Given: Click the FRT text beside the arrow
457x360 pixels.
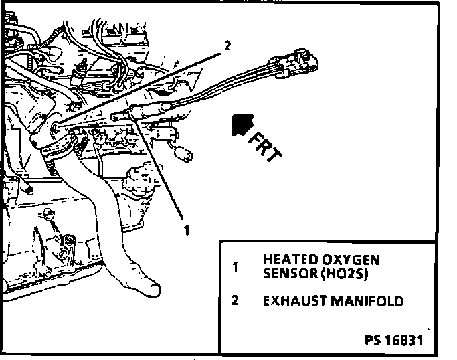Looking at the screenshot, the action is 266,146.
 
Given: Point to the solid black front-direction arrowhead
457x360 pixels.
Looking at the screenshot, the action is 240,124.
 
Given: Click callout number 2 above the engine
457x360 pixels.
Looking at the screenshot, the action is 227,46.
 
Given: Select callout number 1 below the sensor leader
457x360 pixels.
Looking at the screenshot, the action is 188,230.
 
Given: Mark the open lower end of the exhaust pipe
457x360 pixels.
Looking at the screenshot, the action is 147,287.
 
